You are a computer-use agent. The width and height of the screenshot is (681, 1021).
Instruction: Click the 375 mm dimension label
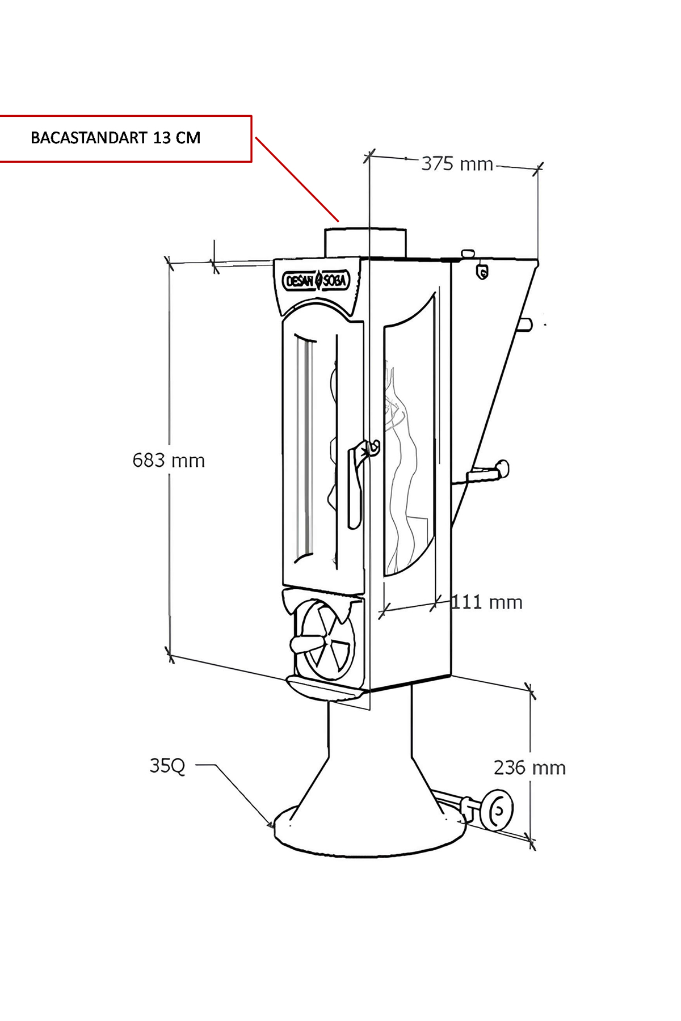pos(457,164)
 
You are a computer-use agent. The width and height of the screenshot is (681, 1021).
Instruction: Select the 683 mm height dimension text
pos(169,460)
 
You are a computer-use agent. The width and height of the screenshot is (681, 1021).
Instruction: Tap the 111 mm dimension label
pos(487,602)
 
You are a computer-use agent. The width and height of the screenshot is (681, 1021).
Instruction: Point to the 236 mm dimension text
pos(530,767)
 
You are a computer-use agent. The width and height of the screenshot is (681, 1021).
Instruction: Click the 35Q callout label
pos(167,766)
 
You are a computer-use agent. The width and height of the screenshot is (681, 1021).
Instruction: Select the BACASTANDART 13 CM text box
pos(125,139)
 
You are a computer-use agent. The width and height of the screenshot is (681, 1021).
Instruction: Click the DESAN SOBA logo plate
pos(317,280)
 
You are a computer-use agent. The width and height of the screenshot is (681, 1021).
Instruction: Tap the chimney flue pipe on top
pos(365,242)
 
